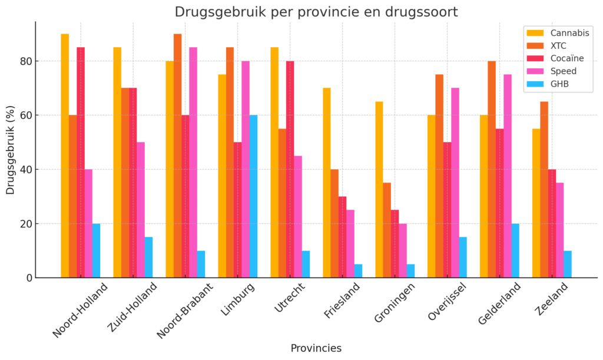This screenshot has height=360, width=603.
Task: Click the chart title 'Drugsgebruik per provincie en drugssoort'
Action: (x=316, y=12)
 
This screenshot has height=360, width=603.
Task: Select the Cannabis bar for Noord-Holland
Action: (x=65, y=156)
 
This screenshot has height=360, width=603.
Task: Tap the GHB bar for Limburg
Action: (x=253, y=196)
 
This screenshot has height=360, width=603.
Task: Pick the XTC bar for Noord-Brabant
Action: (x=177, y=156)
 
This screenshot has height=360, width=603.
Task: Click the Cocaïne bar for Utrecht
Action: (x=290, y=169)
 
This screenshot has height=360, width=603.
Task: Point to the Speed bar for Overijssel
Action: (x=455, y=183)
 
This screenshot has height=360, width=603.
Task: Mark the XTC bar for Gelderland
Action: (x=492, y=169)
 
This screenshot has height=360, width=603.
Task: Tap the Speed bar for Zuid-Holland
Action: (x=141, y=210)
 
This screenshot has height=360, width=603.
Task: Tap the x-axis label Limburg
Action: (x=238, y=300)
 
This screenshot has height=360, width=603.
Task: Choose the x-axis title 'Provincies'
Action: (x=316, y=348)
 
